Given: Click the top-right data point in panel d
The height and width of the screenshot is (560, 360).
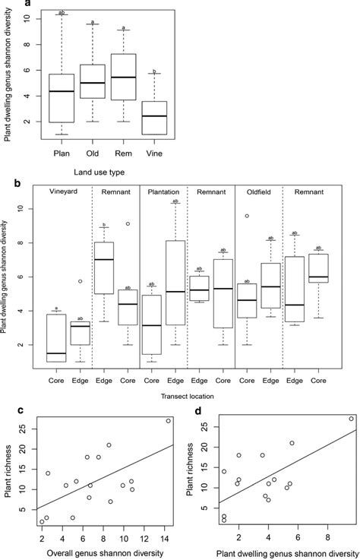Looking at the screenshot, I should (350, 419).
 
